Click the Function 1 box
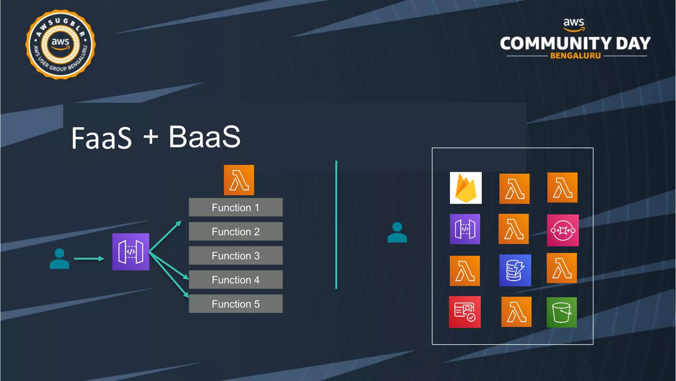coord(236,207)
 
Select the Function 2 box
coord(236,232)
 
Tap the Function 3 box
coord(236,256)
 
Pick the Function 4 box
coord(236,280)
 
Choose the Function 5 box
coord(236,304)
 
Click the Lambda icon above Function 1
coord(239,180)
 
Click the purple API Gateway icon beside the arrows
coord(131,252)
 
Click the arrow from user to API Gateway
coord(89,259)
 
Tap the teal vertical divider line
coord(336,225)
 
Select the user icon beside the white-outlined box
coord(397,232)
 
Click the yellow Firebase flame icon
coord(466,188)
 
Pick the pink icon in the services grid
coord(563,230)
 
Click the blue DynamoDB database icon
coord(515,270)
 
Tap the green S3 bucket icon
coord(562,312)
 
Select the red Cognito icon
coord(465,312)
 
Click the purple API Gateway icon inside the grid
coord(465,229)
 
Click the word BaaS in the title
coord(205,137)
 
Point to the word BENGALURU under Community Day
coord(575,56)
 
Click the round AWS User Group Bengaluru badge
coord(60,44)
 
